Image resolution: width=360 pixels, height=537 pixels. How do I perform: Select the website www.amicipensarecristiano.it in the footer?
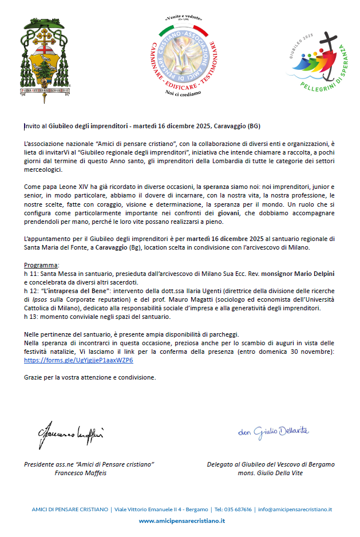(182, 521)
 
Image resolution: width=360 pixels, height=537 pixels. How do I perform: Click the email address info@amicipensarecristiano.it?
(295, 509)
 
